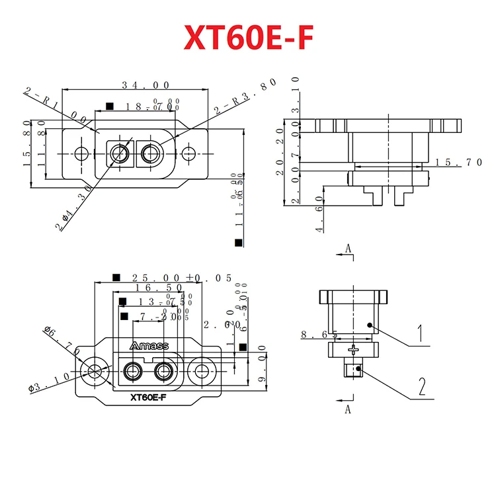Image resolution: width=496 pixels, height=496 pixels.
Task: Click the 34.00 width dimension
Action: tap(145, 85)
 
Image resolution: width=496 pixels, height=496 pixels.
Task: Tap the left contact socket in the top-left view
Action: tap(120, 153)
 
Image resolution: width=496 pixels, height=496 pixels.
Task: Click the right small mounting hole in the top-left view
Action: tap(189, 153)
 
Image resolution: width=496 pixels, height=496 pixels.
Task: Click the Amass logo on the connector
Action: tap(149, 346)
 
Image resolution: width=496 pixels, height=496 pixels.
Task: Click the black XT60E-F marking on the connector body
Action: tap(149, 397)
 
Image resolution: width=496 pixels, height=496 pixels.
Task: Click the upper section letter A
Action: tap(347, 249)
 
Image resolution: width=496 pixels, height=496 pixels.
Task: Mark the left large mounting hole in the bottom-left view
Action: tap(94, 370)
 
